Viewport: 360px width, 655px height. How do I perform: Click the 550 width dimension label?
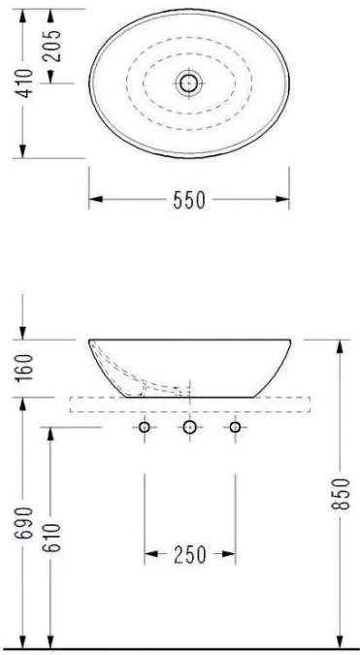point(189,201)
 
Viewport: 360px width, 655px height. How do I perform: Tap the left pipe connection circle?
point(145,427)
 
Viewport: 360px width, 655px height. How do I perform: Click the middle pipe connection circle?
point(190,427)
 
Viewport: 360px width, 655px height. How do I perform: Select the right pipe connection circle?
point(235,427)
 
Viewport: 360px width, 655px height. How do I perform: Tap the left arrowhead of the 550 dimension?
point(95,201)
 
